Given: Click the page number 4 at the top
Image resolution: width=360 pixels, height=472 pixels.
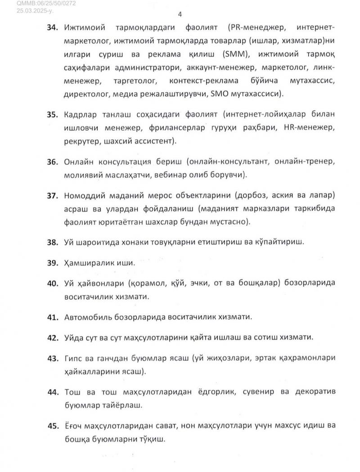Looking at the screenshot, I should point(180,14).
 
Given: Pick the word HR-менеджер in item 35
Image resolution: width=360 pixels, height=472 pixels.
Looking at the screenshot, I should point(310,128).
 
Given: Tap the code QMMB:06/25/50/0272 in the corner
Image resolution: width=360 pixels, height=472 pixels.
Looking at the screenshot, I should point(40,4).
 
